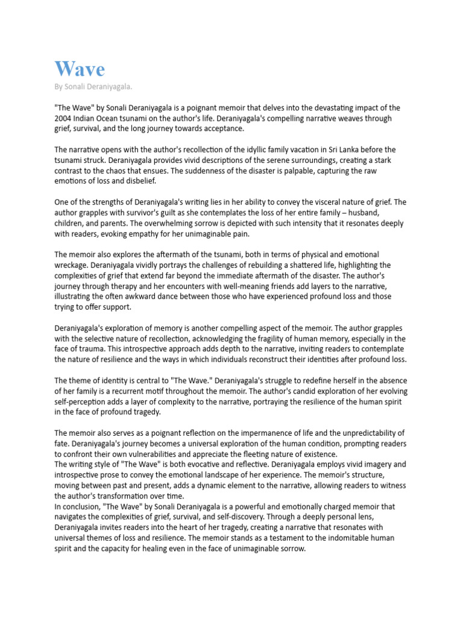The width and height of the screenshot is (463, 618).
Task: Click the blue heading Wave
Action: point(80,69)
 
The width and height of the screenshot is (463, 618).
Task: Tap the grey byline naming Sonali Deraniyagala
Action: point(93,88)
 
